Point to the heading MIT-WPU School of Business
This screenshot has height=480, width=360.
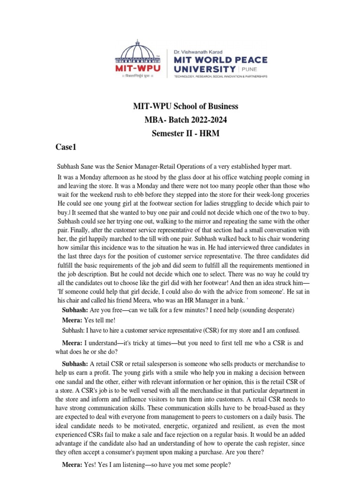pos(186,106)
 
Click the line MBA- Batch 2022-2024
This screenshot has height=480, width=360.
pos(186,120)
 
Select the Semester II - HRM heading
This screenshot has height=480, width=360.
pos(186,134)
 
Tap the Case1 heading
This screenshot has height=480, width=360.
pos(67,147)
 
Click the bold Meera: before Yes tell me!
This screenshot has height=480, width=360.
pos(72,320)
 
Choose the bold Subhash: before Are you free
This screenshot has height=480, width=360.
pos(75,310)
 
